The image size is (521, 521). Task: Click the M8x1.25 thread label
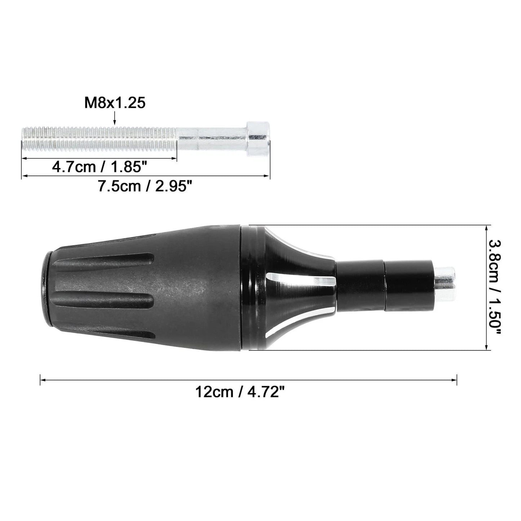tap(115, 103)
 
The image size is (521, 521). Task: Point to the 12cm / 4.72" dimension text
tap(240, 392)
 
